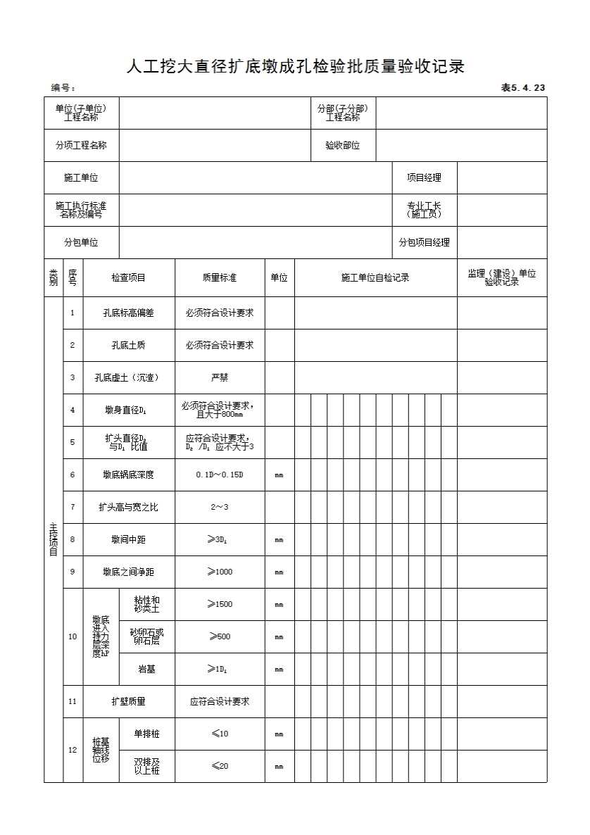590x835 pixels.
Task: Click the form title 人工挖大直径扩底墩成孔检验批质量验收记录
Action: pos(295,68)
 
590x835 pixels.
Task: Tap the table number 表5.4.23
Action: pos(522,88)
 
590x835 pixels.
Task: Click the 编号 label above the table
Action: pos(63,88)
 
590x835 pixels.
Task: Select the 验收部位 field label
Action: pos(343,146)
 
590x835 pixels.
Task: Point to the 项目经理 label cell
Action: pos(424,178)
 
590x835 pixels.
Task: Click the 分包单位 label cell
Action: pos(81,243)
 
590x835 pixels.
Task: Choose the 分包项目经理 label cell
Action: pos(424,243)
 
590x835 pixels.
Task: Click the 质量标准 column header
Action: pos(220,278)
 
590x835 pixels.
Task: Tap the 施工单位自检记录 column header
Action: pos(375,278)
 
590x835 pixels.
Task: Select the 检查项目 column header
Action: pos(128,278)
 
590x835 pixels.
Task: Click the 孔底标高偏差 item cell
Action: pos(129,313)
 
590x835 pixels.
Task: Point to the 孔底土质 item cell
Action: pos(129,346)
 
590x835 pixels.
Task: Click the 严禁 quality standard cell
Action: pos(220,378)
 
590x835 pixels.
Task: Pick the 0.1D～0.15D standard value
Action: pos(220,475)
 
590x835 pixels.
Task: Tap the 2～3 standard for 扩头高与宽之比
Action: pos(220,508)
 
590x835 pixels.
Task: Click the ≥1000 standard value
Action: pos(220,572)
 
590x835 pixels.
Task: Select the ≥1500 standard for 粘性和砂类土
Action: pos(220,605)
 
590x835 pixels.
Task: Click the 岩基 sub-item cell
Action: pos(146,670)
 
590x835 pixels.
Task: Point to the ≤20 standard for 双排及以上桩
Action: pos(220,766)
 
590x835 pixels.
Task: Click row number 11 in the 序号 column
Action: pos(73,702)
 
